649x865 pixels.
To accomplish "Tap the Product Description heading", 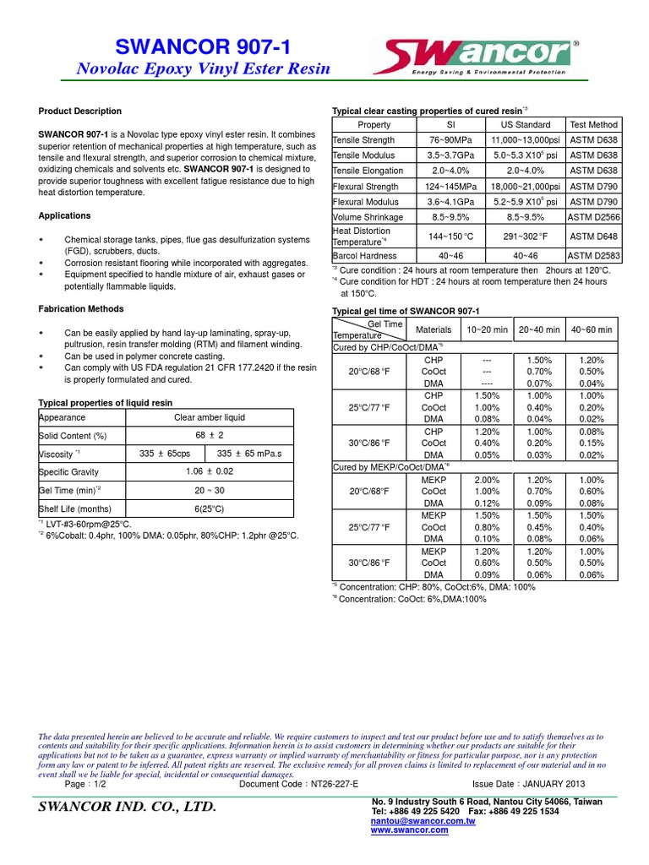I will click(x=80, y=112).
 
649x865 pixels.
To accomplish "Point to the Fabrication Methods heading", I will click(x=81, y=309).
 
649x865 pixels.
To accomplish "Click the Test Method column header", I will click(x=593, y=125).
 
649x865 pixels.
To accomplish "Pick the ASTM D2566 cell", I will click(x=593, y=217).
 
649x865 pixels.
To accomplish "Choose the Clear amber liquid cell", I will click(x=209, y=417).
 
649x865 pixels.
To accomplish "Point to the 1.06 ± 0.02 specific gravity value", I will click(x=209, y=471).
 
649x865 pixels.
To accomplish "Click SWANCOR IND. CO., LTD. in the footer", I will click(x=128, y=808).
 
